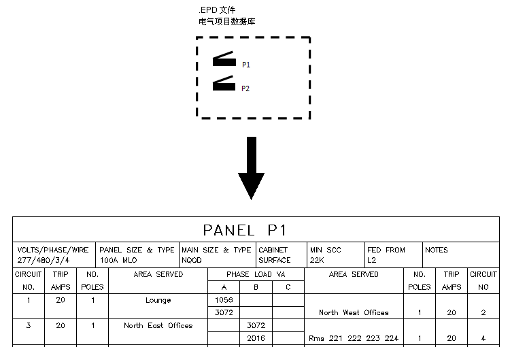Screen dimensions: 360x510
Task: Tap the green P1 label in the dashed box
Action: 246,65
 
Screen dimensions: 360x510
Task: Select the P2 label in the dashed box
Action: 246,88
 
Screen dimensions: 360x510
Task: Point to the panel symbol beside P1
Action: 224,60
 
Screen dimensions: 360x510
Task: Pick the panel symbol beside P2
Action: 224,84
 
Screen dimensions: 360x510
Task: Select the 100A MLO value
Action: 118,260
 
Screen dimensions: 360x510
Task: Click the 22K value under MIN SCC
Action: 318,260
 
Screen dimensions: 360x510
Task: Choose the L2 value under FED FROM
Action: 372,260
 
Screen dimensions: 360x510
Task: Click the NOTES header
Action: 437,250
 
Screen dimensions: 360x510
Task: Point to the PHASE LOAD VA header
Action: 256,274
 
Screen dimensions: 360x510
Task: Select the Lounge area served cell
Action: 158,300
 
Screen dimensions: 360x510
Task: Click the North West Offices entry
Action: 354,313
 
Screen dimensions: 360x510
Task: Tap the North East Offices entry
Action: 158,325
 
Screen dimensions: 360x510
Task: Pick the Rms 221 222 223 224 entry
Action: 354,338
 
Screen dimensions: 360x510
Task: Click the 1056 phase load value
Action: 224,300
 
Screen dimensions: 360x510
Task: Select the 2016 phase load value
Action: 256,338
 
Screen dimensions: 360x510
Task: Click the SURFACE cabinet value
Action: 275,260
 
